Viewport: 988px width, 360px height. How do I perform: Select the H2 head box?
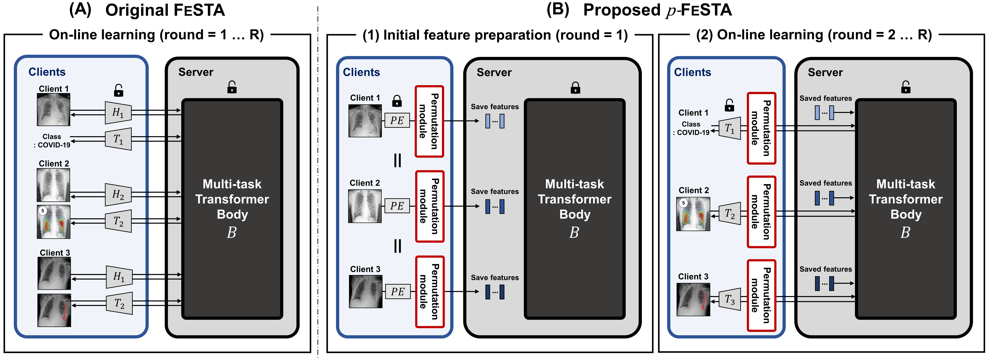(118, 195)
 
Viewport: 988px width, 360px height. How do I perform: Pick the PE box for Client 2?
(397, 206)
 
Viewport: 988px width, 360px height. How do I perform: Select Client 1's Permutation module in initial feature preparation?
(429, 121)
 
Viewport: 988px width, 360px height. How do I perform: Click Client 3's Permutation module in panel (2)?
(761, 295)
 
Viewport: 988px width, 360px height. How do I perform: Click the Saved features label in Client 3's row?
(825, 269)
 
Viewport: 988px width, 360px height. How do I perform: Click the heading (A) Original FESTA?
(147, 10)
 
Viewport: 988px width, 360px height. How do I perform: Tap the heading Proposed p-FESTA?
(657, 10)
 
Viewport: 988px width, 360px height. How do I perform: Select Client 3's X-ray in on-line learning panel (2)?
(693, 299)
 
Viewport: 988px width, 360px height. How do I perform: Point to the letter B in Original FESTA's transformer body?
(232, 232)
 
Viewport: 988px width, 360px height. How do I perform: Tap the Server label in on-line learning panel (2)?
(825, 72)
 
